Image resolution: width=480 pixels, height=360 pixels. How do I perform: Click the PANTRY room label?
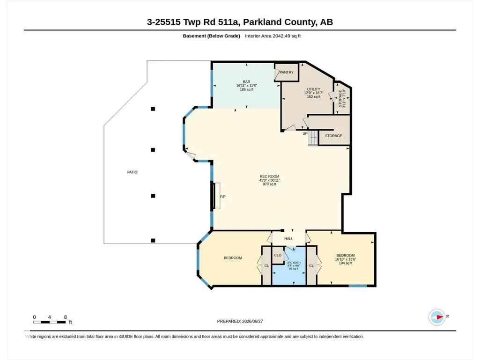tap(287, 72)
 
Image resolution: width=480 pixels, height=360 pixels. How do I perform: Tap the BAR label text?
tap(246, 82)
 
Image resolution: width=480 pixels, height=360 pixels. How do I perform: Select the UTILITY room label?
tap(313, 89)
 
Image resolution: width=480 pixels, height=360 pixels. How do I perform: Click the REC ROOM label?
tap(269, 176)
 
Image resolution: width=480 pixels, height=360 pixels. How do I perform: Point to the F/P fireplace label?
tap(223, 197)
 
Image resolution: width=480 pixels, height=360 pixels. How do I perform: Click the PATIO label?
tap(132, 172)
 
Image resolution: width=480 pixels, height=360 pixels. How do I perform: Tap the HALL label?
tap(288, 239)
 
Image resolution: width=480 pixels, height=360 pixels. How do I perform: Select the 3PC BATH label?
tap(294, 263)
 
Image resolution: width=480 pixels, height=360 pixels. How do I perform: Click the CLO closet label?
tap(278, 255)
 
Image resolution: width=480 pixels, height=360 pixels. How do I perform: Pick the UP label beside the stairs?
tap(305, 133)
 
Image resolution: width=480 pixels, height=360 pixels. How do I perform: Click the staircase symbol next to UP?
tap(313, 138)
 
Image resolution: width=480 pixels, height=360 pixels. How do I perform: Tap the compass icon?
tap(437, 317)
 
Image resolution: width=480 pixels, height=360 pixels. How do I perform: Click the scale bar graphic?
tap(49, 322)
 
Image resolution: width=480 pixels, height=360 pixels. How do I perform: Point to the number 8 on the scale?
tap(65, 317)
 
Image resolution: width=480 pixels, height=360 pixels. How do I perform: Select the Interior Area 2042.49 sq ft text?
tap(273, 36)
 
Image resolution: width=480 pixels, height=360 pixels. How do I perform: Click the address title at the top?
tap(240, 22)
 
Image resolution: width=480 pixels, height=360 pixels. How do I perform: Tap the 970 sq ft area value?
tap(269, 184)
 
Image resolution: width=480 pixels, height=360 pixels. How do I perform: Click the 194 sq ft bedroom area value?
tap(346, 263)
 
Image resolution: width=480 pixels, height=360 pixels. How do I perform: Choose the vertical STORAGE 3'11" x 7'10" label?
tap(342, 98)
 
